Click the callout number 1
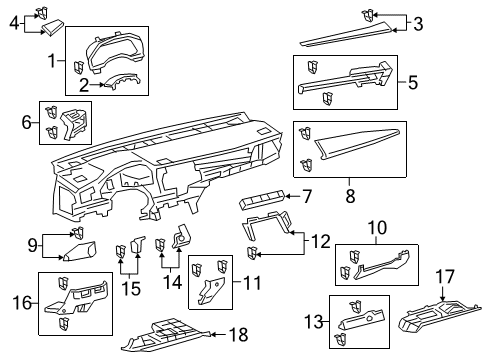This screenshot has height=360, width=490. point(52,61)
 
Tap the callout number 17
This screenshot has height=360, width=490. point(445,276)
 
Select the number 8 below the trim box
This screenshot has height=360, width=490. point(350,196)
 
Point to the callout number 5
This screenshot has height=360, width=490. point(413,82)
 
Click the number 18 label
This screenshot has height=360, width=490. point(239,334)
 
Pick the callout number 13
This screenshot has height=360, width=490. point(314,322)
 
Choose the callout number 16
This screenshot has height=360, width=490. point(23,303)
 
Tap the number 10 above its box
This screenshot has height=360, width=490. point(377,228)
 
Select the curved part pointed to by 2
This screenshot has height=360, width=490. point(122,82)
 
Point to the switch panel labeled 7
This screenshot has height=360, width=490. point(262,199)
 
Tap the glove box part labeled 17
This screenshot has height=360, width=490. point(439,317)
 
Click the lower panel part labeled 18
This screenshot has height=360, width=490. point(165,335)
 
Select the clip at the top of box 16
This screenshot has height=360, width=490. point(63,283)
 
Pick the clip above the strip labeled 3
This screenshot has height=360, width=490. point(367,16)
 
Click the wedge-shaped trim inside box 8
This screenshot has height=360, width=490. point(356,141)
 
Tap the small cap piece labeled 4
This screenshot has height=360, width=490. point(52,28)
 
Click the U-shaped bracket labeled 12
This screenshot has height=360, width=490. point(267,225)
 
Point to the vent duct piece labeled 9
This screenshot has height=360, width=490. point(80,251)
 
